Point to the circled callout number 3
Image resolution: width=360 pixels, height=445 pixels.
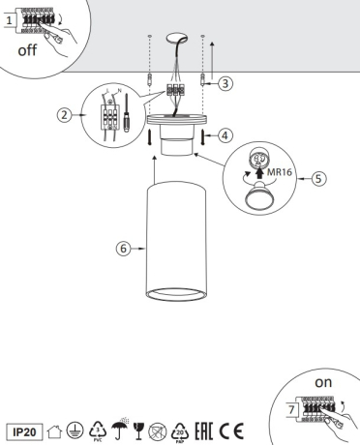tap(225, 83)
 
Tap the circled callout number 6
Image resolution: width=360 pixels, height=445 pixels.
tap(122, 249)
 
